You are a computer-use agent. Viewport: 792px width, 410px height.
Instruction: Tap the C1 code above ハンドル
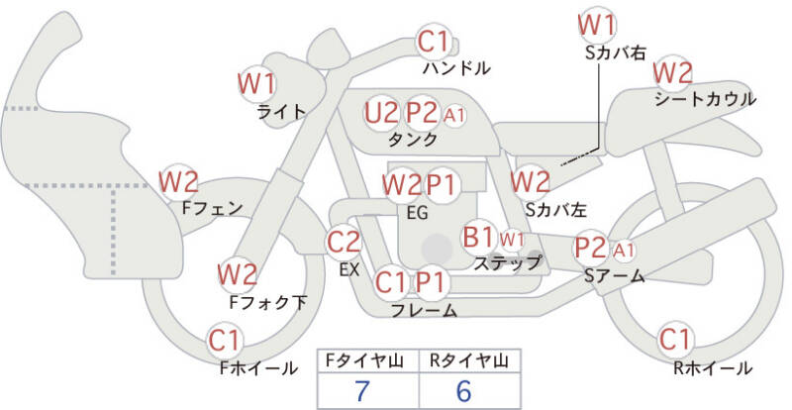click(434, 43)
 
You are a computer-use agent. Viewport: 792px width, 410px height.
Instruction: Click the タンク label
click(414, 140)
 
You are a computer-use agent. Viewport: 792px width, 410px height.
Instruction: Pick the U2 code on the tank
click(381, 112)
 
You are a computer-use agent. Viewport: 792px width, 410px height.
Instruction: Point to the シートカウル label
click(705, 99)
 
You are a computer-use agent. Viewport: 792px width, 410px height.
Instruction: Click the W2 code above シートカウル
click(672, 72)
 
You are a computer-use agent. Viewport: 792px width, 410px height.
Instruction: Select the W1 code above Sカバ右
click(597, 24)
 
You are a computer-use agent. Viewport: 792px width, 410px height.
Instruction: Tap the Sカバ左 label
click(555, 209)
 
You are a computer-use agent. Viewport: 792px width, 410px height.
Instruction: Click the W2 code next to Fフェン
click(179, 182)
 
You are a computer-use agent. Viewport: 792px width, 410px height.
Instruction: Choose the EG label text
click(417, 211)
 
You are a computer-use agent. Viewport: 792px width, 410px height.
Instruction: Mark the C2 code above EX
click(345, 241)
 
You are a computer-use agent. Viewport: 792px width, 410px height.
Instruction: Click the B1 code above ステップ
click(479, 238)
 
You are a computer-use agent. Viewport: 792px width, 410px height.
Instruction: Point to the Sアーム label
click(614, 276)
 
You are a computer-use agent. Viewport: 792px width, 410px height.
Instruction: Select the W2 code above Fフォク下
click(238, 274)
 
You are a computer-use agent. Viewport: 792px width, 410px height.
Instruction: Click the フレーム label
click(424, 311)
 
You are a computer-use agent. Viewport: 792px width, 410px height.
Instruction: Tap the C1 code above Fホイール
click(225, 342)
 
